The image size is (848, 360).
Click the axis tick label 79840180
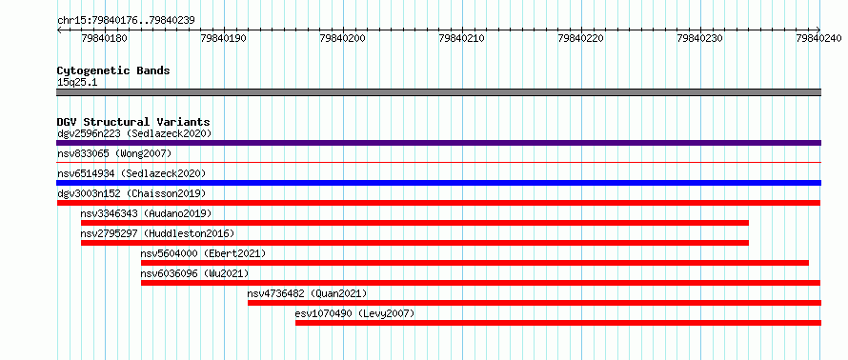coord(105,38)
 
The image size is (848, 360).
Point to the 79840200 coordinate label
coord(343,38)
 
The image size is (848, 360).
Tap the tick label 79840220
coord(581,38)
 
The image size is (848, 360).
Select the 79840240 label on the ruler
coord(818,38)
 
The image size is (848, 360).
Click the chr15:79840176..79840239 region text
coord(126,21)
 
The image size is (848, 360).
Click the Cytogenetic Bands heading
coord(113,70)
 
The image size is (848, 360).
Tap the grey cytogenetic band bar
coord(438,92)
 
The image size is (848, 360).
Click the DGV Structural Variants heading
coord(133,122)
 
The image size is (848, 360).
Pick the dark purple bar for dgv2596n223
coord(438,143)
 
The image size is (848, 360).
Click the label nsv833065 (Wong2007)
coord(114,153)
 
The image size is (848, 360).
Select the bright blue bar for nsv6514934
coord(438,183)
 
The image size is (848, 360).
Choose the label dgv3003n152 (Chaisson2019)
coord(131,193)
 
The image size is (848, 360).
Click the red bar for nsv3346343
coord(414,223)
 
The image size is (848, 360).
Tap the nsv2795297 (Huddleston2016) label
coord(157,233)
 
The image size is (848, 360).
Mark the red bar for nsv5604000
coord(474,263)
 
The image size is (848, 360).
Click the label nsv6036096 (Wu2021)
coord(194,273)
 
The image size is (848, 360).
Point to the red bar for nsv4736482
coord(535,303)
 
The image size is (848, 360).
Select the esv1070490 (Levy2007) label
coord(354,313)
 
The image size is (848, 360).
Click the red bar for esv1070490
coord(558,323)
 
